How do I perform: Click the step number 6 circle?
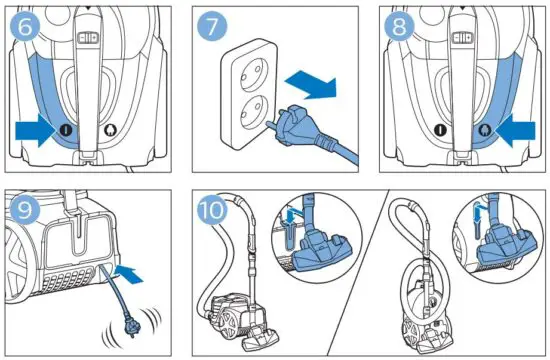coord(27,27)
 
